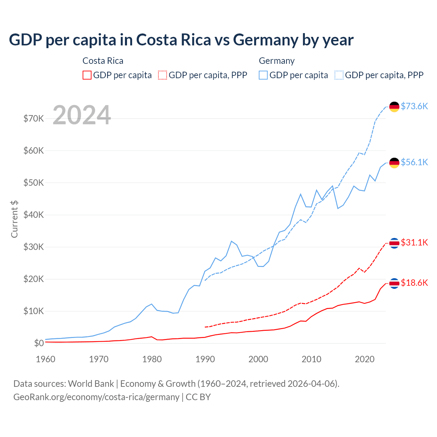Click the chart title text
click(181, 40)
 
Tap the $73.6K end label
click(414, 106)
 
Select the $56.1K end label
click(414, 162)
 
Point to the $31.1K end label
click(414, 242)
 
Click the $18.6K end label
click(414, 283)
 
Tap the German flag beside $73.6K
click(394, 107)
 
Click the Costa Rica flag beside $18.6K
click(394, 283)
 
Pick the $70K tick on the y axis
click(33, 119)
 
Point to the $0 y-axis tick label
click(39, 343)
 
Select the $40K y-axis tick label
click(33, 215)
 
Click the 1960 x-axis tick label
click(45, 359)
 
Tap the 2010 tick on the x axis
click(311, 359)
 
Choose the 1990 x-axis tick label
click(205, 359)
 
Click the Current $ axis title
click(14, 219)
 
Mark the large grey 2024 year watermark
click(82, 115)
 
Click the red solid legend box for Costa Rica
click(87, 75)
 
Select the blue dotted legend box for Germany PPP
click(339, 75)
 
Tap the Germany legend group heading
click(277, 61)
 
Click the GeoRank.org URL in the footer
click(96, 397)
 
